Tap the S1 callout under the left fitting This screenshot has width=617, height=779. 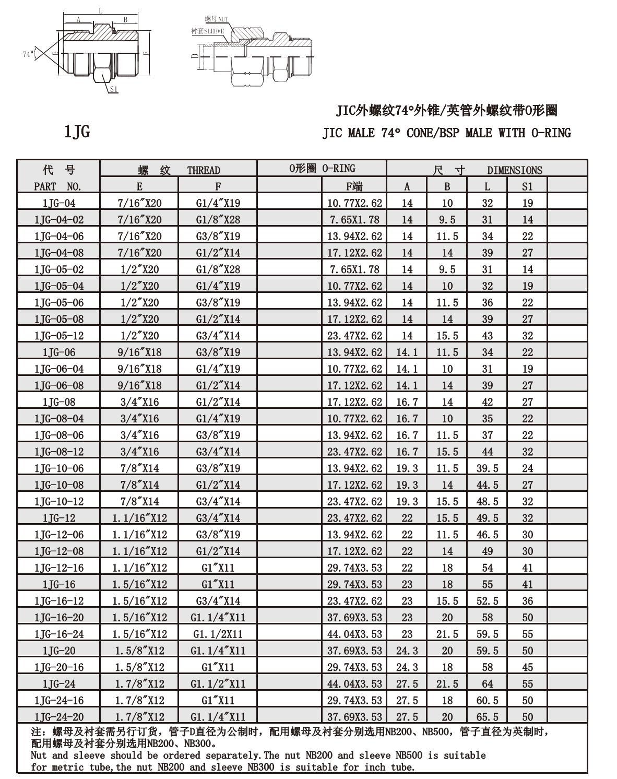[x=114, y=89]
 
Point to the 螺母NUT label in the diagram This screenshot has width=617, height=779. [x=216, y=19]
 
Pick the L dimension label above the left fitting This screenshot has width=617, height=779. [x=101, y=11]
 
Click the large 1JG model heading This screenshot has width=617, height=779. [x=77, y=132]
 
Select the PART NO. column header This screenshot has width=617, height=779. [x=58, y=186]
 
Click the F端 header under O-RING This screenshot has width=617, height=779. [x=354, y=186]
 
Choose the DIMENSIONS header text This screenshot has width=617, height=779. [x=514, y=170]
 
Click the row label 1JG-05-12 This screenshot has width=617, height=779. [x=59, y=336]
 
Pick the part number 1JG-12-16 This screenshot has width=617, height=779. [x=59, y=568]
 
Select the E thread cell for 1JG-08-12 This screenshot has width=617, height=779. [x=139, y=452]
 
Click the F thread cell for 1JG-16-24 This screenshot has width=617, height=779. [x=218, y=634]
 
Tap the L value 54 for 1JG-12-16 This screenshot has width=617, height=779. [x=487, y=568]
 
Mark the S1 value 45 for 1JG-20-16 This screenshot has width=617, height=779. [x=527, y=667]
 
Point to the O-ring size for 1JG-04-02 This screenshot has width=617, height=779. [x=354, y=220]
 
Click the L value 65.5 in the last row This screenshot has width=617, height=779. [x=487, y=717]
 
